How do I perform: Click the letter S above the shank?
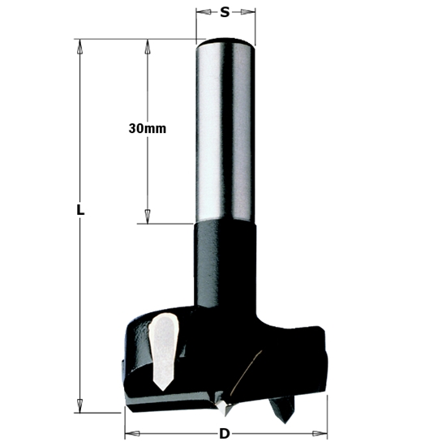click(225, 12)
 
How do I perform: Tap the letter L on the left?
click(79, 209)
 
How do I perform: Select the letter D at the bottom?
click(224, 434)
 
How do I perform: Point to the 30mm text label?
click(147, 129)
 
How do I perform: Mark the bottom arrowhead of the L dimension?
click(79, 405)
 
